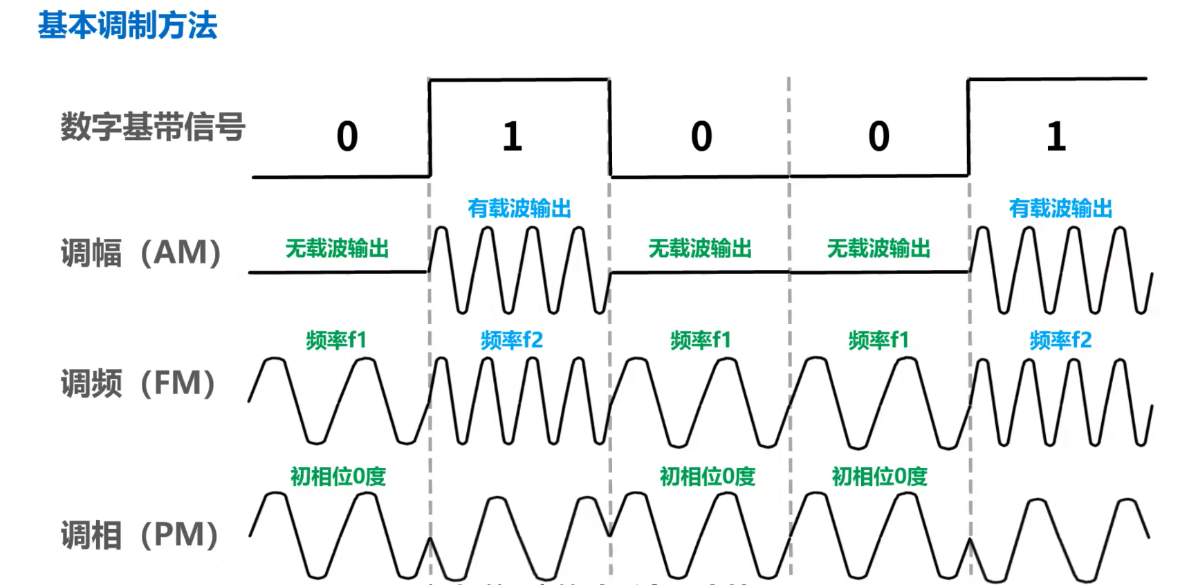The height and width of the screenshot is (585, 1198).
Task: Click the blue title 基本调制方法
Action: coord(127,26)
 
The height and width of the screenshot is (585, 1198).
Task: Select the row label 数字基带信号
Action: coord(153,127)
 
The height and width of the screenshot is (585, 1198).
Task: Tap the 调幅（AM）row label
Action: coord(141,253)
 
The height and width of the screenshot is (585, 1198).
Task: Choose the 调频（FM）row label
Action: coord(138,383)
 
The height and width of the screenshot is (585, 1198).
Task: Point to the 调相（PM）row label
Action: coord(140,535)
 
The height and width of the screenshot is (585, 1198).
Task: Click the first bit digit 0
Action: coord(347,136)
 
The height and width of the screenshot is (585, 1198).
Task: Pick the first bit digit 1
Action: coord(512,136)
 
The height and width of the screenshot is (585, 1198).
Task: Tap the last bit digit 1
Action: coord(1056,136)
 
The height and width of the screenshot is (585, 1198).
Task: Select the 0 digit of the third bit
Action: coord(701,136)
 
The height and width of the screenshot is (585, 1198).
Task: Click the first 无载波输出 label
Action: coord(337,249)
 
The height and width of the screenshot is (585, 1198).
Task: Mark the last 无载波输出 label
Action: coord(878,249)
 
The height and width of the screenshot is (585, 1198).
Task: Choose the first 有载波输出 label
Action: coord(519,208)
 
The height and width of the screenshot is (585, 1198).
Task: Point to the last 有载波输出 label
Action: coord(1060,208)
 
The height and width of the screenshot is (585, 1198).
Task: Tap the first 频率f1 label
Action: coord(336,340)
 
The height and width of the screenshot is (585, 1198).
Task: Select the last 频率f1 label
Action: coord(878,340)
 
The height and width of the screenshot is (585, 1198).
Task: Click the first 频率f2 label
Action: coord(512,340)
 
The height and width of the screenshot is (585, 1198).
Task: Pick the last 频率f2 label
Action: coord(1060,340)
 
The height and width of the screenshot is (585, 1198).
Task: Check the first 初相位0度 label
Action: coord(338,476)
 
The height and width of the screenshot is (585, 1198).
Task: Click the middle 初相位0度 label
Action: coord(707,476)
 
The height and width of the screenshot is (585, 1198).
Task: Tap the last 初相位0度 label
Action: coord(879,476)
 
